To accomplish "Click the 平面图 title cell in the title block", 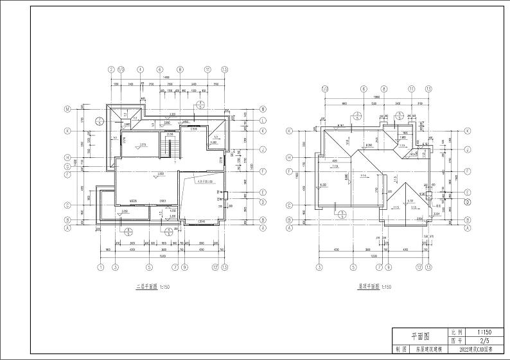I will [x=420, y=336].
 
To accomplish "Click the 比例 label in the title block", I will [x=457, y=332].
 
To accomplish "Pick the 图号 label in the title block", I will [x=457, y=341].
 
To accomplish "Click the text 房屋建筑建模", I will [x=428, y=350].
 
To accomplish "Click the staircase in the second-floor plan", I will [x=171, y=148].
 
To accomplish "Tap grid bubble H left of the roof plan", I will [x=289, y=157].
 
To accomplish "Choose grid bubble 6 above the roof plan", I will [x=364, y=89].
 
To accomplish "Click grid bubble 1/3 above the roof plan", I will [x=324, y=89].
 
